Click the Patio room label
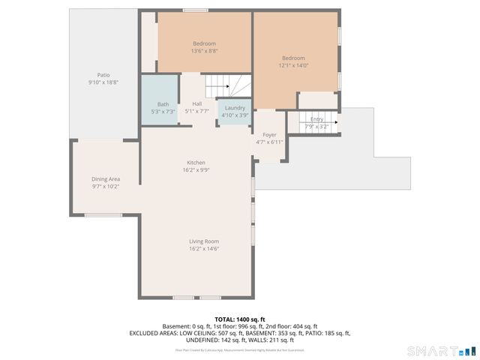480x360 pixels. [103, 75]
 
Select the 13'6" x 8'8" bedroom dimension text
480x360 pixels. [205, 51]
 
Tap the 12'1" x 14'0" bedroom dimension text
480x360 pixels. [293, 66]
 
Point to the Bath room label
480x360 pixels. [163, 104]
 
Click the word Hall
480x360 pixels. [196, 104]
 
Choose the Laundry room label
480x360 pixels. [235, 108]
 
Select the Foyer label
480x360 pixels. [269, 135]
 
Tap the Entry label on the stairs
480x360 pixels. [317, 119]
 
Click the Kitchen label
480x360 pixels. [196, 163]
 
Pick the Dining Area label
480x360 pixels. [106, 179]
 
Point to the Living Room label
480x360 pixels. [203, 241]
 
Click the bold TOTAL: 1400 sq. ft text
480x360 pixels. [240, 319]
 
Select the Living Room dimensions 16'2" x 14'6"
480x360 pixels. [203, 249]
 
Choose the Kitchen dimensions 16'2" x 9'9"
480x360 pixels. [196, 170]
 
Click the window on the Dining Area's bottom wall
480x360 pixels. [103, 215]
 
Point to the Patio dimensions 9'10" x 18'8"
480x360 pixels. [103, 82]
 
